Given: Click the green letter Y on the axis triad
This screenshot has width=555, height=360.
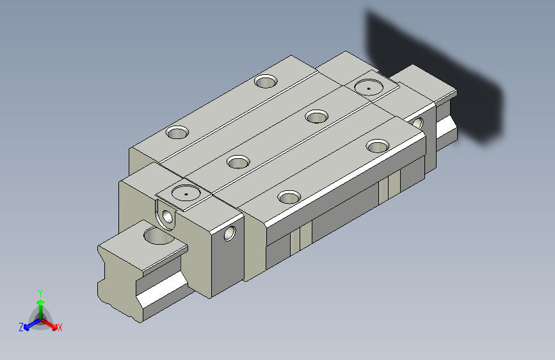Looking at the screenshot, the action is (40, 293).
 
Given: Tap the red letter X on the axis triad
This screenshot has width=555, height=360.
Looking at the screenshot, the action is (60, 327).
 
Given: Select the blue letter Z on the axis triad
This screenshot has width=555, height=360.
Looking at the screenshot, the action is (21, 327).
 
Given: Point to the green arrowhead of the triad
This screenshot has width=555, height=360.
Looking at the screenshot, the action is (41, 302).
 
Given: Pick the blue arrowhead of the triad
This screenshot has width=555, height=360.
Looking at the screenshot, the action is (28, 327).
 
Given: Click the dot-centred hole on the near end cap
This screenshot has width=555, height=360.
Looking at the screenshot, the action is (186, 193).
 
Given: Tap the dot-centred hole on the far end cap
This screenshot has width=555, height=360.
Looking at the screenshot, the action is (369, 87).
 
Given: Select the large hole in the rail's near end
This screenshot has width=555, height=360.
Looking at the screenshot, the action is (158, 236).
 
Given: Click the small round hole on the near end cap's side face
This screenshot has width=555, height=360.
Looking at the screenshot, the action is (229, 233).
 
